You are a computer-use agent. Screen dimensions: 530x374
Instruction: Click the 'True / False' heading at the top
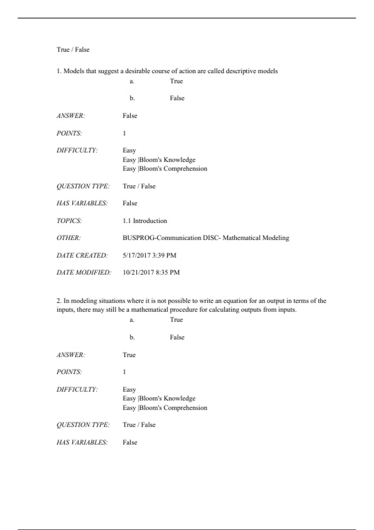73,50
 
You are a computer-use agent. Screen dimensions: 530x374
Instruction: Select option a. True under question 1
176,81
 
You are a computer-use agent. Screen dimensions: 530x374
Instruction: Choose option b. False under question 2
177,337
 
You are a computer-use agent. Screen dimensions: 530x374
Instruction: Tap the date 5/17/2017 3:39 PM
149,255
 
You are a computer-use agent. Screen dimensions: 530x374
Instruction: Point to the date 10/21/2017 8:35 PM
151,272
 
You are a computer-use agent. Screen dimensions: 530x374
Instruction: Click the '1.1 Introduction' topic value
145,221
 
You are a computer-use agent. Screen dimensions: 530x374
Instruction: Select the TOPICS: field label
69,221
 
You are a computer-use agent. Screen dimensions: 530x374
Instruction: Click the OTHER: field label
68,238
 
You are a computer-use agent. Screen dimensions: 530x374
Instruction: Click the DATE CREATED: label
82,255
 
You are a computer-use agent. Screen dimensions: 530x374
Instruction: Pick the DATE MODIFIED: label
84,272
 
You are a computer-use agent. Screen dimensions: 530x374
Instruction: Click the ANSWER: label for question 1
70,116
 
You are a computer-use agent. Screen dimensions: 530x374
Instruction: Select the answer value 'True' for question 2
129,355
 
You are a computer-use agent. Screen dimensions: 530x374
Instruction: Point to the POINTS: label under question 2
69,372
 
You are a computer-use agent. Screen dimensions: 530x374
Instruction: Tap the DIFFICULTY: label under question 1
77,150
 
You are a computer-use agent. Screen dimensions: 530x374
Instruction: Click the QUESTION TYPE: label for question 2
83,425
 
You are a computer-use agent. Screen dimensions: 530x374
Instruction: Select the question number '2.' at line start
59,301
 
